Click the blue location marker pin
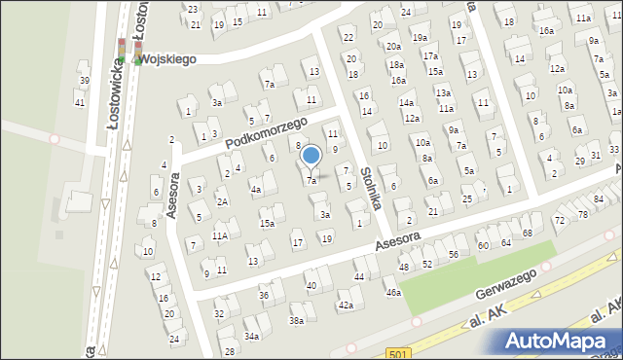coord(311,156)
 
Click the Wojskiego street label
coord(166,58)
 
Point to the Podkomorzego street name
coord(266,132)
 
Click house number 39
coord(84,81)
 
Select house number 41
coord(79,102)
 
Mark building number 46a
coord(392,292)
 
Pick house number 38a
coord(296,319)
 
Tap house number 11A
coord(221,235)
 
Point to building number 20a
coord(392,46)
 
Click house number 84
coord(598,199)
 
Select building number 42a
coord(345,306)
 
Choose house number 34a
coord(251,336)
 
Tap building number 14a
coord(406,102)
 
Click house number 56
coord(454,254)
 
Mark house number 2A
coord(222,201)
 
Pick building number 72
coord(559,221)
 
